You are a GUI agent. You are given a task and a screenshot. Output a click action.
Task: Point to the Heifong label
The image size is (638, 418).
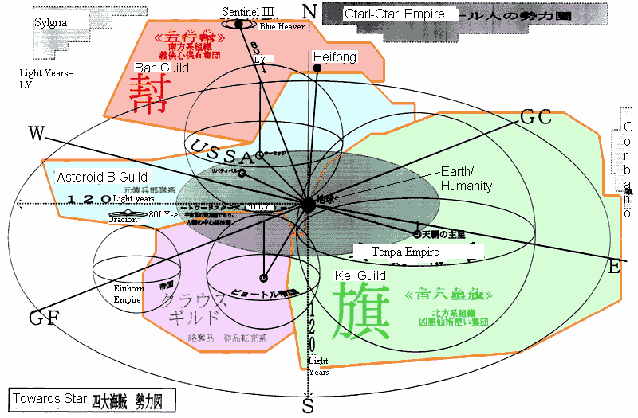(335, 57)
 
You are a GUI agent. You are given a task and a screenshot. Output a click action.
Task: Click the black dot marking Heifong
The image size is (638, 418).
(317, 68)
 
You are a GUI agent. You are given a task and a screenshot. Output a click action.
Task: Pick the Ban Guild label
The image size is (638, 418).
(162, 68)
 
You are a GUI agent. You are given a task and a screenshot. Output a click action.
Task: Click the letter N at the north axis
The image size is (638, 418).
(310, 10)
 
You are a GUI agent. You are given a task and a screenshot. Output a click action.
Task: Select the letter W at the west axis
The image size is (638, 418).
(36, 133)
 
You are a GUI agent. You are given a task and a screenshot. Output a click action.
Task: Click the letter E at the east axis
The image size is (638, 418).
(614, 268)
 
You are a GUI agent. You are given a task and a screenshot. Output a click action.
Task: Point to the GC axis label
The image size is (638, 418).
(536, 116)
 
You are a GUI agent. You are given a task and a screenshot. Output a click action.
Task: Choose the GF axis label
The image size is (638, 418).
(44, 319)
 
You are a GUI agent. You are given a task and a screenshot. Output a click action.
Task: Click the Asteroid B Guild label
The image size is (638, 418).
(102, 176)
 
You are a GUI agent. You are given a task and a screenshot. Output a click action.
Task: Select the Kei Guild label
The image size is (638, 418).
(360, 275)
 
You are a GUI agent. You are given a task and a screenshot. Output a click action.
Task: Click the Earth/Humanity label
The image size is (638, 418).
(467, 179)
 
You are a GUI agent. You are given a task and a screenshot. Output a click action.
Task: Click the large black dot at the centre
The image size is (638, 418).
(308, 205)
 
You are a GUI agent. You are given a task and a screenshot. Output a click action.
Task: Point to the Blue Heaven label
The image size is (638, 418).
(278, 26)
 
